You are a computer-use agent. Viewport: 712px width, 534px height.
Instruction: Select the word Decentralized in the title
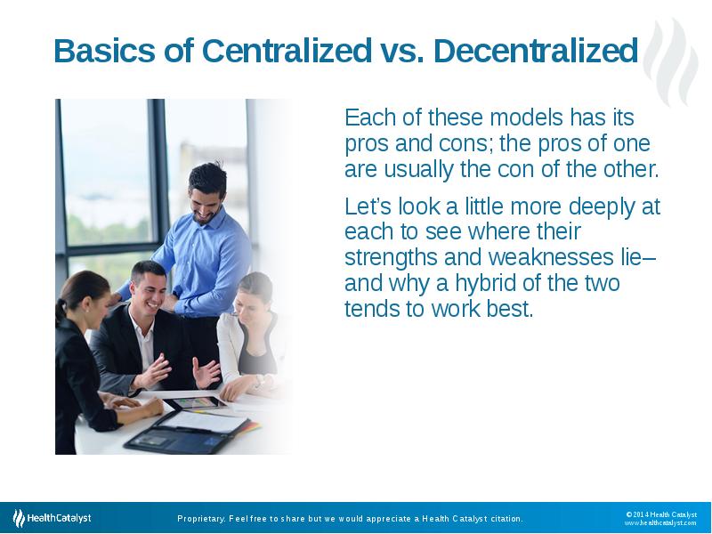click(536, 52)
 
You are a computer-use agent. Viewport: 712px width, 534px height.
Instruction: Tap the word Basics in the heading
click(105, 52)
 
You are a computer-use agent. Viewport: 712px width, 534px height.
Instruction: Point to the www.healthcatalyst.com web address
click(659, 523)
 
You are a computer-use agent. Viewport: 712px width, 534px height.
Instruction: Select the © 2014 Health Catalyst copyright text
click(660, 514)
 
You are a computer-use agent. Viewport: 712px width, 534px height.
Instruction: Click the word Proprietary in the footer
click(200, 518)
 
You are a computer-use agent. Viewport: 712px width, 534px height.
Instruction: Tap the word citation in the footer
click(504, 518)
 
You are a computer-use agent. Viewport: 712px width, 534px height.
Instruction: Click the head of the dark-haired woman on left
click(84, 293)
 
